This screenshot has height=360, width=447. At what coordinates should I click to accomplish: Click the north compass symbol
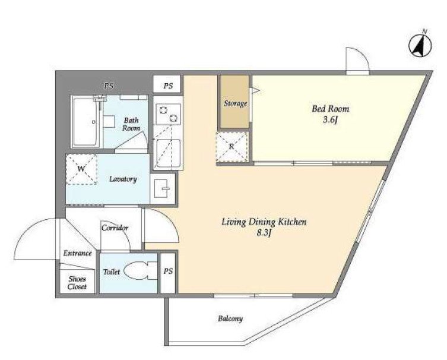[420, 45]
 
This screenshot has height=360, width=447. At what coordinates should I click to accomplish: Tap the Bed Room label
[331, 109]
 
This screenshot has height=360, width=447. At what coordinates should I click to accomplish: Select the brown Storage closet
[234, 102]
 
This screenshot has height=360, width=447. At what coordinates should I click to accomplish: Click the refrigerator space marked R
[232, 147]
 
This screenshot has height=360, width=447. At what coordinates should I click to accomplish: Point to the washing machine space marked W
[81, 169]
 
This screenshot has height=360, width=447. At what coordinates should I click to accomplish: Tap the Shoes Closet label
[77, 283]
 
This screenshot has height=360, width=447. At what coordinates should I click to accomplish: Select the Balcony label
[230, 318]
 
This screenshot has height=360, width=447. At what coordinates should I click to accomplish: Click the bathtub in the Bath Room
[85, 122]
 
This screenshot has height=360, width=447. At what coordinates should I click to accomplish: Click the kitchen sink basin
[168, 153]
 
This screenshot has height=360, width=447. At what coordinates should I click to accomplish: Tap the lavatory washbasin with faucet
[163, 189]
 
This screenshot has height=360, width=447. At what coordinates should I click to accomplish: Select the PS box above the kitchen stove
[167, 84]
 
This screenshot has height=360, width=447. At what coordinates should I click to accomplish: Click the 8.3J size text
[264, 233]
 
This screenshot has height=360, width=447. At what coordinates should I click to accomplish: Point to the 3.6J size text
[331, 120]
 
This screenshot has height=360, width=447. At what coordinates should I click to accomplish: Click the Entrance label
[78, 253]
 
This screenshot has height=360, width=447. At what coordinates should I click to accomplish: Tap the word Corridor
[115, 228]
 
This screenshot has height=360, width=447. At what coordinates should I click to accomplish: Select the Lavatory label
[123, 179]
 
